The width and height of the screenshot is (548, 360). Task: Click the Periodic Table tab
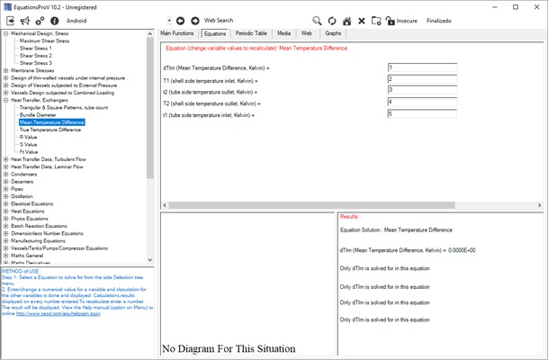click(x=251, y=33)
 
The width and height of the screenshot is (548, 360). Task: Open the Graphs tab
click(x=333, y=33)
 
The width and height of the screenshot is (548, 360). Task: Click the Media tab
click(x=283, y=33)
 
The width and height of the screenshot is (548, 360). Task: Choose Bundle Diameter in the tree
click(x=40, y=114)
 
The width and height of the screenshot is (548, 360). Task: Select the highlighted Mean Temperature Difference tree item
click(x=51, y=121)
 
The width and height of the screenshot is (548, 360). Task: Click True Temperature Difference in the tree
click(x=49, y=130)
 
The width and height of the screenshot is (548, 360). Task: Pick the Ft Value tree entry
click(x=28, y=151)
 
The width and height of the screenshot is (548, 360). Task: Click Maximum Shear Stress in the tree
click(x=45, y=41)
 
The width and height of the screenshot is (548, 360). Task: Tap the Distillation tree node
click(x=24, y=195)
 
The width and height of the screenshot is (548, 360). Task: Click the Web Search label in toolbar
click(x=218, y=19)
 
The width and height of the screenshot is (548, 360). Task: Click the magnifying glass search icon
click(x=317, y=20)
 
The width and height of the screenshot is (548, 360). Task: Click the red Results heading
click(x=351, y=217)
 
